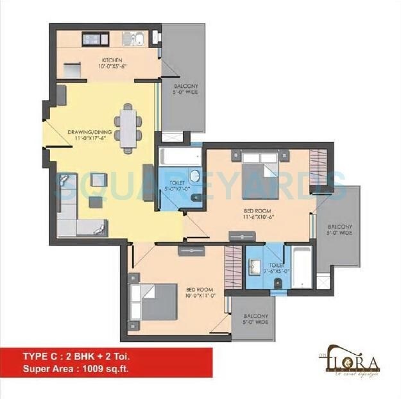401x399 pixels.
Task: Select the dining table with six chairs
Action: coord(129,128)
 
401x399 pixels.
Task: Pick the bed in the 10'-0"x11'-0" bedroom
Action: coord(154,301)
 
